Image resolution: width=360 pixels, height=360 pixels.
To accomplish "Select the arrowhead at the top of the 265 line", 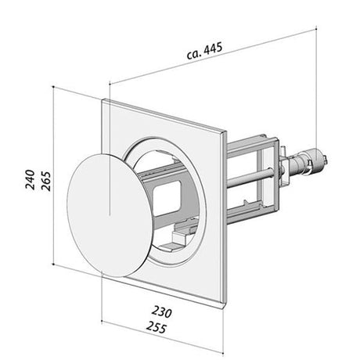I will [54, 88].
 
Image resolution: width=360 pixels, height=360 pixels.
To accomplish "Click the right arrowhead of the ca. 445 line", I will [311, 31].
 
